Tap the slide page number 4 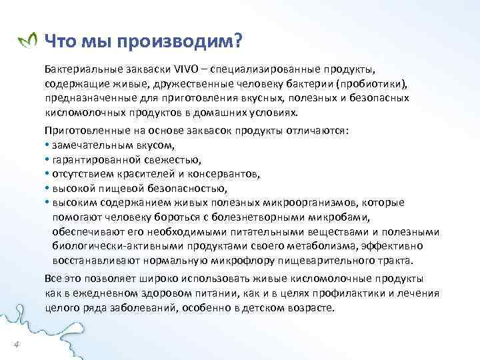pos(16,344)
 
